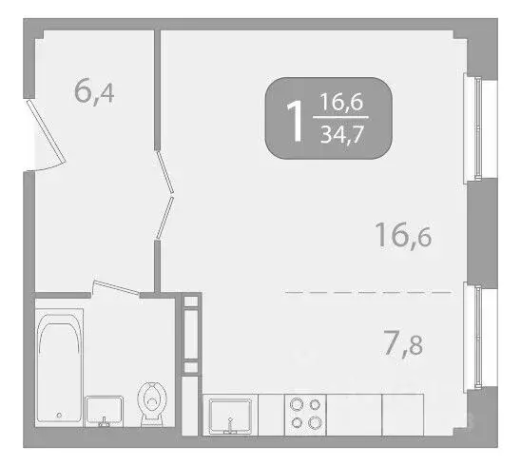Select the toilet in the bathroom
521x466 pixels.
click(151, 403)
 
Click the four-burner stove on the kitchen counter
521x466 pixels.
click(306, 414)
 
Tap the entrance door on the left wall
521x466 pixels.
click(44, 133)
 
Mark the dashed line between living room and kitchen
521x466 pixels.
click(370, 292)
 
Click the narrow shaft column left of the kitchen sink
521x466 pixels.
click(192, 343)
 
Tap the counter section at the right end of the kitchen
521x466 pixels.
click(410, 415)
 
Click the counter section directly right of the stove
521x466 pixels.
click(355, 415)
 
